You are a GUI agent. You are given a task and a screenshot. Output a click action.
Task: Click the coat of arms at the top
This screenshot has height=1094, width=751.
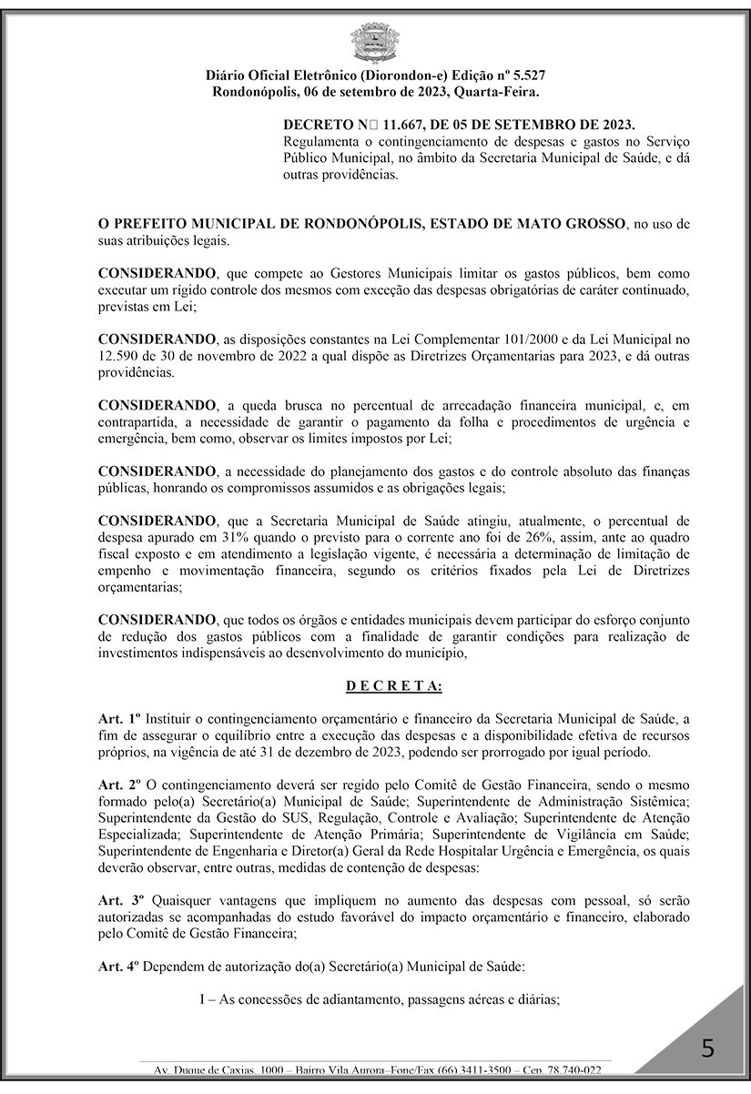click(375, 42)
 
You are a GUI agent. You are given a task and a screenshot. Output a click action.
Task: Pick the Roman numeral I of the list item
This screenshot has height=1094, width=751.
click(203, 998)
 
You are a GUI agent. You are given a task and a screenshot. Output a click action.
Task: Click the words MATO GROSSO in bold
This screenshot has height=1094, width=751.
click(566, 224)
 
